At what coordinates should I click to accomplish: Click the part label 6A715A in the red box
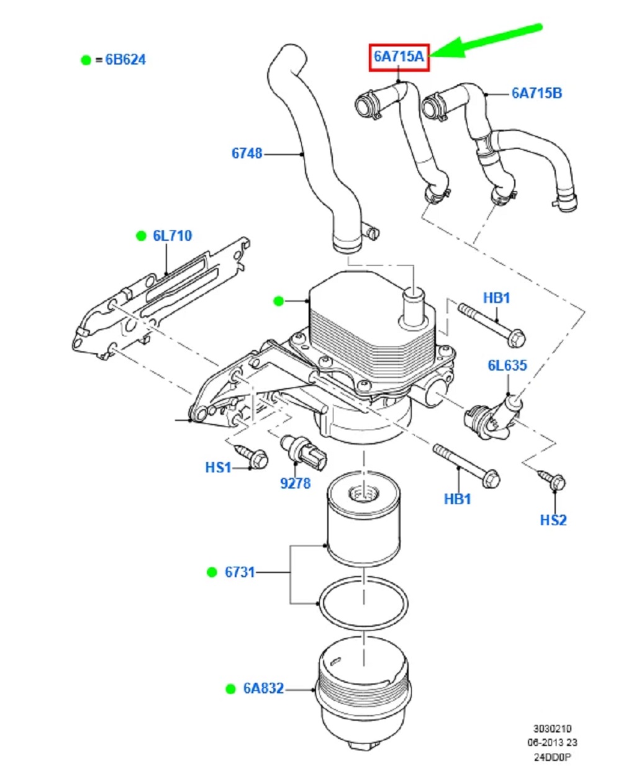coord(399,57)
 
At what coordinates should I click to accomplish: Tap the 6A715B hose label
coord(537,94)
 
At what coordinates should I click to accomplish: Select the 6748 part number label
coord(247,153)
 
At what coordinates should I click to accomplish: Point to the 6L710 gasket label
coord(173,236)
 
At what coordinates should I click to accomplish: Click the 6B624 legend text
coord(125,60)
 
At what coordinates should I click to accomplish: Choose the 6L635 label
coord(507,366)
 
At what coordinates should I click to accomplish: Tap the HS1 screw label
coord(218,468)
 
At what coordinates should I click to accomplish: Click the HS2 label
coord(553,520)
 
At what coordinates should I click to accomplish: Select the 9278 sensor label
coord(295,484)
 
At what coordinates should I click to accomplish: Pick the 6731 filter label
coord(240,572)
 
